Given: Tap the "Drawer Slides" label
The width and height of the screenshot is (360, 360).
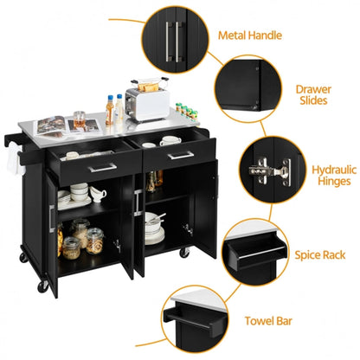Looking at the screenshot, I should pyautogui.click(x=312, y=95).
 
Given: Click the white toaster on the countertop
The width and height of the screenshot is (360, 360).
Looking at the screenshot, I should pyautogui.click(x=146, y=105).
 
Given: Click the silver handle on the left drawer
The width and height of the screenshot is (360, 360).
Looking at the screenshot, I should pyautogui.click(x=103, y=167).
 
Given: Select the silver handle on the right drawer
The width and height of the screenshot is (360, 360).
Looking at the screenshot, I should pyautogui.click(x=180, y=156).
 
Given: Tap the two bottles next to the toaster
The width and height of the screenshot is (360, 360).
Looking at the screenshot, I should pyautogui.click(x=115, y=110).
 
